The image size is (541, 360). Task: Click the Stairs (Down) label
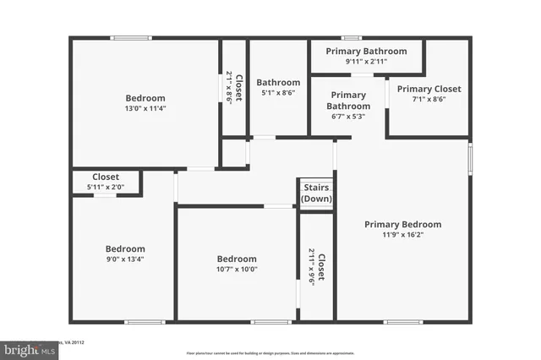[x=317, y=193]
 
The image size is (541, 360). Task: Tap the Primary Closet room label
[x=429, y=89]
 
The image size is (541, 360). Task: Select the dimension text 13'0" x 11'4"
[x=145, y=108]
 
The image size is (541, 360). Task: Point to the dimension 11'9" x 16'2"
[x=402, y=235]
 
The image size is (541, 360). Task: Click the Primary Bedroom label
[x=402, y=224]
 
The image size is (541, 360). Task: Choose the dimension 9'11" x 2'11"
[x=366, y=62]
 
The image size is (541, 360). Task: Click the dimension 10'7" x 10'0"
[x=237, y=270]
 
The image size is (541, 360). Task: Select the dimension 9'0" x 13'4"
[x=125, y=259]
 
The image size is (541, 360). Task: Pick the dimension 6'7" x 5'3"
[x=348, y=117]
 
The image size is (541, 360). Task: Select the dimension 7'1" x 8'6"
[x=429, y=99]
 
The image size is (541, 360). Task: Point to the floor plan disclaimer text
[x=270, y=352]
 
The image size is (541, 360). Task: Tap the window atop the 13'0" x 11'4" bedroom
[x=131, y=37]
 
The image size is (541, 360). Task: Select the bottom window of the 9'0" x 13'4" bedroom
[x=145, y=322]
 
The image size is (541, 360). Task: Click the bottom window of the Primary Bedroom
[x=402, y=322]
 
